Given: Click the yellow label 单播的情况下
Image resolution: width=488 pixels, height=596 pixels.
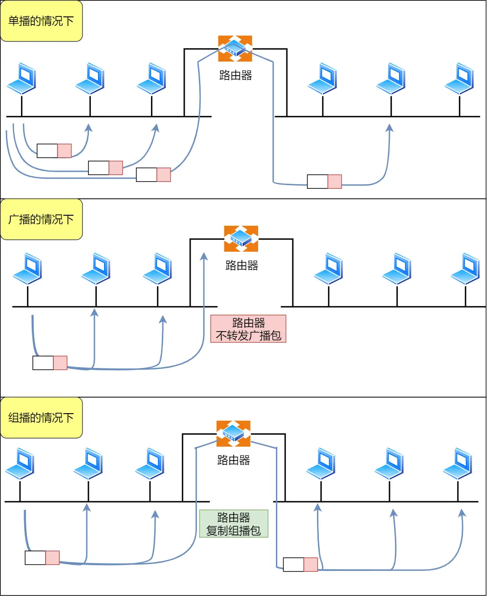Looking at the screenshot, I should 41,21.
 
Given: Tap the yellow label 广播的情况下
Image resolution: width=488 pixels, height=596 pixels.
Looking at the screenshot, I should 41,219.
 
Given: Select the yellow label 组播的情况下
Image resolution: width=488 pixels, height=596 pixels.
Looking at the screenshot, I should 41,418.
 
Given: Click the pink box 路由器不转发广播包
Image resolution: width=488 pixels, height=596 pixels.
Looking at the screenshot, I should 248,329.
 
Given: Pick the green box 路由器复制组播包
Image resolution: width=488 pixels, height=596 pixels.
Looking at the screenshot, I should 234,523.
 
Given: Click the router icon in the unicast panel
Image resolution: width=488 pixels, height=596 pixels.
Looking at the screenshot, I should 235,48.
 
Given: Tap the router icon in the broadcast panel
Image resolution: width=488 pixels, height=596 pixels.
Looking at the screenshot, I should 241,238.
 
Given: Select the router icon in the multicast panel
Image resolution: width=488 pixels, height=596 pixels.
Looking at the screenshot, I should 233,433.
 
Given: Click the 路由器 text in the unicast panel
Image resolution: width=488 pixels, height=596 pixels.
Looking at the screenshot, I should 235,75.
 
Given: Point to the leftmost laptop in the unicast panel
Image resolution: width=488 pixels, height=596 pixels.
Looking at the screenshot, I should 22,79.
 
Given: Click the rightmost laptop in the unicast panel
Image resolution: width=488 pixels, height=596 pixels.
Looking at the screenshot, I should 459,79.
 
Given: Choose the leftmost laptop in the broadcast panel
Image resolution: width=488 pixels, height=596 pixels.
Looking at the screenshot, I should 28,269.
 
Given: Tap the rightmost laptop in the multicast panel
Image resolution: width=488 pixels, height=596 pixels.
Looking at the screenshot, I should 457,463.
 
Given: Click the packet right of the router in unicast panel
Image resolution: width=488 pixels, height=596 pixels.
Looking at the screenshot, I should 324,181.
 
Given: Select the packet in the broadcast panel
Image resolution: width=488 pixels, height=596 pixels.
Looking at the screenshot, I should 50,363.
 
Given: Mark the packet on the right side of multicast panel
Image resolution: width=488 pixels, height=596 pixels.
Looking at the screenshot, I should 300,565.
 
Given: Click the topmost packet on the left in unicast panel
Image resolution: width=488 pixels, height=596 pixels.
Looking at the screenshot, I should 54,151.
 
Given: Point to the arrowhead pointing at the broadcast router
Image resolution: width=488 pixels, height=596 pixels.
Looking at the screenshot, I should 204,257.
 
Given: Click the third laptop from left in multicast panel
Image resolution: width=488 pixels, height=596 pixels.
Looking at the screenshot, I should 150,463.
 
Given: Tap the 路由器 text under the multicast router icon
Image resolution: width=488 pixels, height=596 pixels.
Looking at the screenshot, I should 234,460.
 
